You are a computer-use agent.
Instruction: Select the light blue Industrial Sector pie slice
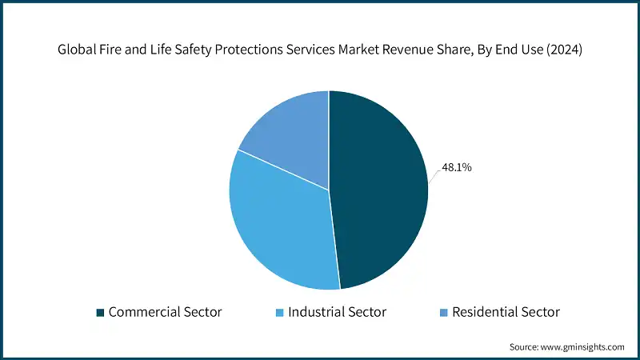pos(280,224)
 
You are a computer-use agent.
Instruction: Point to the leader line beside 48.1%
pos(433,175)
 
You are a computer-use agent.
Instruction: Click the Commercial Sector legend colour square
pos(100,312)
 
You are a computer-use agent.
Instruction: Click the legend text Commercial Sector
pos(166,312)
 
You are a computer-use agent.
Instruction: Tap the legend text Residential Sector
pos(506,312)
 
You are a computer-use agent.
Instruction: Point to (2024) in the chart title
pos(565,48)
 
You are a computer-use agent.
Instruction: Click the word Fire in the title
pos(114,48)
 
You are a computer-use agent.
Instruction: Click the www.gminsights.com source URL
pos(582,347)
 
